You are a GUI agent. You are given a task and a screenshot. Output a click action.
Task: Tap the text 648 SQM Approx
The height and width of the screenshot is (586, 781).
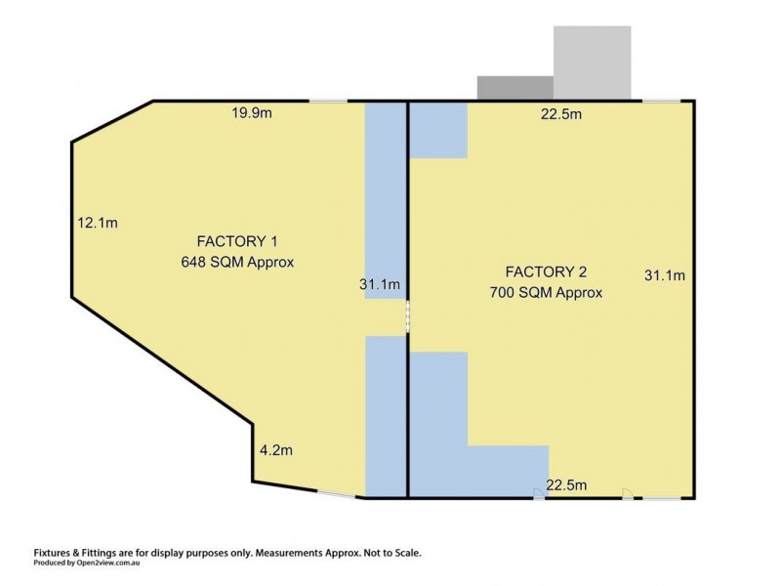[x=237, y=262]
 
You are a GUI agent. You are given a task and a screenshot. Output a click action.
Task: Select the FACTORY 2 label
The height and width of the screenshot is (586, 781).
[x=545, y=272]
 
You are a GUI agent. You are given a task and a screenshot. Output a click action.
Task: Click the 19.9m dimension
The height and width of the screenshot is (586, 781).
[x=251, y=114]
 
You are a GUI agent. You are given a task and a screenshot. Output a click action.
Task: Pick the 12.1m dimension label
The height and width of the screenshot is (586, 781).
[x=98, y=223]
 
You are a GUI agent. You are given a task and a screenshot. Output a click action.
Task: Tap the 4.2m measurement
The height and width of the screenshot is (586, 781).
[x=276, y=450]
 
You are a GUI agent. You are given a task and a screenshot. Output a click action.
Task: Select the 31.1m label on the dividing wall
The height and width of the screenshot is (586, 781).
[x=379, y=285]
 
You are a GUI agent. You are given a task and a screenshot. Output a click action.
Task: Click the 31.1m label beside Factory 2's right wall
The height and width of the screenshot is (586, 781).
[x=664, y=275]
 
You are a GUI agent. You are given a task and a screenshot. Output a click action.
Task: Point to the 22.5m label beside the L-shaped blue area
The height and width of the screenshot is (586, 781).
[x=566, y=485]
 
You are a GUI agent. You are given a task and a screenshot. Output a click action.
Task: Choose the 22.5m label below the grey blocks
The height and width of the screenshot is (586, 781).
[x=561, y=114]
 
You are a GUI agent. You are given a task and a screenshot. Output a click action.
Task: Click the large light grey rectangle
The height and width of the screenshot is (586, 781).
[x=593, y=62]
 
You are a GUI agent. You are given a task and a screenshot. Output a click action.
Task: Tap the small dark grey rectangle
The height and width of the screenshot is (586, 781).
[x=514, y=87]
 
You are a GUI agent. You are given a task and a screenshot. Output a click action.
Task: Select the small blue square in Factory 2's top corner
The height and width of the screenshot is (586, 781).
[x=437, y=130]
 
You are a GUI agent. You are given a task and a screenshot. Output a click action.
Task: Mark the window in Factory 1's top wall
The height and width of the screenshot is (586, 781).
[x=328, y=101]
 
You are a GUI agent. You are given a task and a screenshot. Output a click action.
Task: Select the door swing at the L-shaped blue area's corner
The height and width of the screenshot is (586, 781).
[x=539, y=493]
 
